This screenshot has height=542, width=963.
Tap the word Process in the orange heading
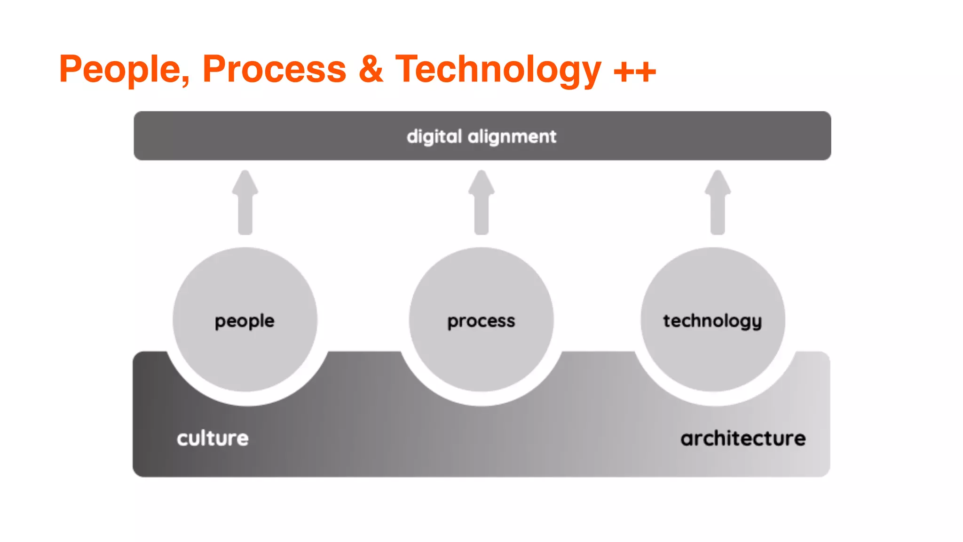[x=274, y=70]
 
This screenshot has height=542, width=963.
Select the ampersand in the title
[x=371, y=70]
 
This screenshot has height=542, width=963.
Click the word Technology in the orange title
[x=498, y=70]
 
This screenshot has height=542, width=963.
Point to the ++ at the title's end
[x=635, y=72]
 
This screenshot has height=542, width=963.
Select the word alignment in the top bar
[x=512, y=137]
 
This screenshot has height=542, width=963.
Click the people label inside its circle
[x=245, y=321]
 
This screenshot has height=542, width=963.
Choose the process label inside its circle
[x=481, y=321]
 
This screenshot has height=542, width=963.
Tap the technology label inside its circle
[x=712, y=321]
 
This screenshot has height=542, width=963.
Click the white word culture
[x=213, y=438]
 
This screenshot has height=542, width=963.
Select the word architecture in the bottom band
[x=743, y=438]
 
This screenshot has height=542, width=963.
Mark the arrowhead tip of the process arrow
[x=481, y=173]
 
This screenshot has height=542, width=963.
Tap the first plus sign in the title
[x=624, y=72]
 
